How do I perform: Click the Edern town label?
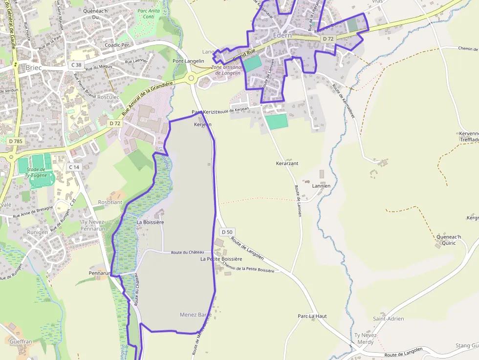click(283, 35)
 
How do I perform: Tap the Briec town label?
click(34, 67)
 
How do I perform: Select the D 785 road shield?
click(16, 141)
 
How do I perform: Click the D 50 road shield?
click(226, 232)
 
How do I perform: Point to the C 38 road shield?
click(76, 64)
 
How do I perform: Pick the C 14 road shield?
click(74, 167)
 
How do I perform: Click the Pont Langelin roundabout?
click(191, 77)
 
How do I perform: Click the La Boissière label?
click(150, 222)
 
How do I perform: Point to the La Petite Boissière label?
click(221, 259)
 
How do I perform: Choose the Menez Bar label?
click(196, 315)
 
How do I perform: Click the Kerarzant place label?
click(287, 163)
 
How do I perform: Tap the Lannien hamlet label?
click(321, 186)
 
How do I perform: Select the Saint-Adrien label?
click(389, 318)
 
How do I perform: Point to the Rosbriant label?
click(110, 202)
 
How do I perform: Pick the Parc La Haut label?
click(312, 316)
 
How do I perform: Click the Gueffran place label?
click(21, 342)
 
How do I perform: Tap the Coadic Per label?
click(117, 44)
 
